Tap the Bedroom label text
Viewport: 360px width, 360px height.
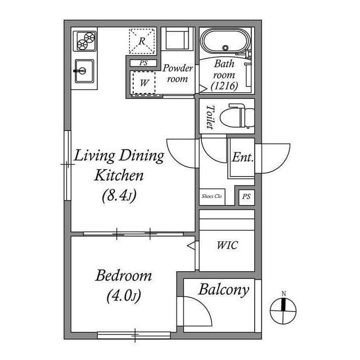pyautogui.click(x=123, y=276)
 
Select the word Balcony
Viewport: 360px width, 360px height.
pyautogui.click(x=223, y=290)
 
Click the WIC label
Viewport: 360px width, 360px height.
pyautogui.click(x=227, y=246)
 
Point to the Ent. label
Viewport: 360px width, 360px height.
pyautogui.click(x=242, y=157)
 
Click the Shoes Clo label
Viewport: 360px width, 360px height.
pyautogui.click(x=211, y=196)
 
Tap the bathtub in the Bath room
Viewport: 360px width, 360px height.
pyautogui.click(x=226, y=43)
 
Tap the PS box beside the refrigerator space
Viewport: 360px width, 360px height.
pyautogui.click(x=143, y=63)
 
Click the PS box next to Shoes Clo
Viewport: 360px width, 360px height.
pyautogui.click(x=245, y=196)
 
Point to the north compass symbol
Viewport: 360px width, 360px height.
pyautogui.click(x=284, y=307)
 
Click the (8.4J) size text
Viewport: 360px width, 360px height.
pyautogui.click(x=119, y=196)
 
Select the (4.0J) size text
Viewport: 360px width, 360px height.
pyautogui.click(x=123, y=295)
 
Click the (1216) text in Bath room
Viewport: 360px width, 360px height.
pyautogui.click(x=225, y=86)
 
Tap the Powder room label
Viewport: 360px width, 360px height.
pyautogui.click(x=178, y=73)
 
